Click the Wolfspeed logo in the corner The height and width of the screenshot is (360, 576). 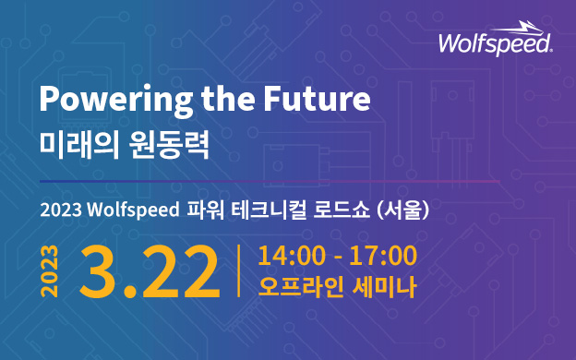(496, 39)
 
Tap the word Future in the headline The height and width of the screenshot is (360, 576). (317, 98)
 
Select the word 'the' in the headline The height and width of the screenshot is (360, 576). (228, 98)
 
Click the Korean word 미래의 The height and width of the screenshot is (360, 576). (79, 145)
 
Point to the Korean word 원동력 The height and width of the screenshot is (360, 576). (169, 145)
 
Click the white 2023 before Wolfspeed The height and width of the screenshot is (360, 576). (61, 210)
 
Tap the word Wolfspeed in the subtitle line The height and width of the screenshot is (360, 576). (133, 210)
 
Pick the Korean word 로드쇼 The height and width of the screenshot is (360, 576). (342, 210)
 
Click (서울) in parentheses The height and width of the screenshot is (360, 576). (403, 210)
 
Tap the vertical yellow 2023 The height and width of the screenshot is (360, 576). (49, 270)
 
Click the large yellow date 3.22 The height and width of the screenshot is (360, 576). (150, 271)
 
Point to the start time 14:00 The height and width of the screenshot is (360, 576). (292, 256)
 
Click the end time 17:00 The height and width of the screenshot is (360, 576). (383, 256)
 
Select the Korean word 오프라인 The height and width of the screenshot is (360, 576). (301, 286)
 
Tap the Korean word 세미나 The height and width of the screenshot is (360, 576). (384, 286)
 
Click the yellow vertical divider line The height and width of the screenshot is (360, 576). (239, 270)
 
